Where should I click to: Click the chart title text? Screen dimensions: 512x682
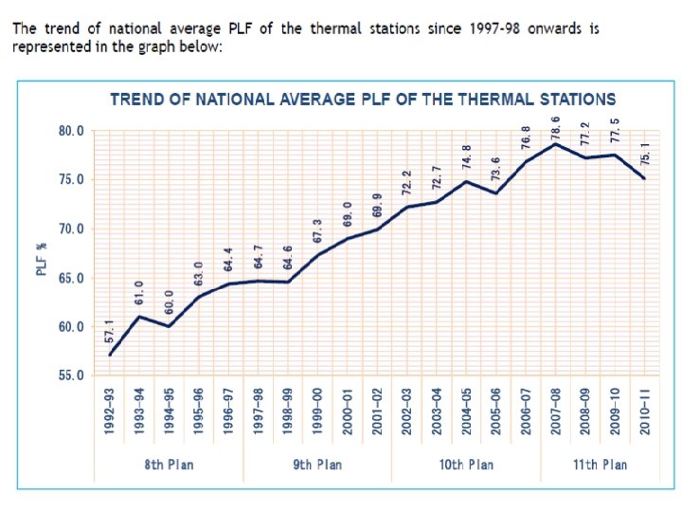[x=363, y=99]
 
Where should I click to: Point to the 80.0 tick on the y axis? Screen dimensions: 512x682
[x=72, y=131]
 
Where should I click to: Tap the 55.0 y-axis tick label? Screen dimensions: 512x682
[x=72, y=375]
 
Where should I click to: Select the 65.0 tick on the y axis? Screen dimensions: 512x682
[x=72, y=278]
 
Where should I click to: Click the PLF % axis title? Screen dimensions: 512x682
[x=42, y=259]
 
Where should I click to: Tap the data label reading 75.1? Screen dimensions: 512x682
[x=644, y=155]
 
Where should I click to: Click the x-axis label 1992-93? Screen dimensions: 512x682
[x=110, y=411]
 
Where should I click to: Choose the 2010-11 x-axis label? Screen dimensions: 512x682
[x=644, y=411]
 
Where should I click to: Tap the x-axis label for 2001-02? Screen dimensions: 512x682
[x=377, y=411]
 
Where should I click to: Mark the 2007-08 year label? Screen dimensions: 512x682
[x=556, y=411]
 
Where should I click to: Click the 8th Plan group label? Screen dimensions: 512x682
[x=169, y=465]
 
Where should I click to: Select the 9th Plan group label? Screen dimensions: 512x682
[x=317, y=465]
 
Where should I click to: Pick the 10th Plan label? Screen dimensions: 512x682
[x=466, y=465]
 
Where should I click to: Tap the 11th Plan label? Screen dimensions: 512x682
[x=600, y=465]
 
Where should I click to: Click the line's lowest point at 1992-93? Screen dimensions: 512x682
[x=110, y=355]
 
